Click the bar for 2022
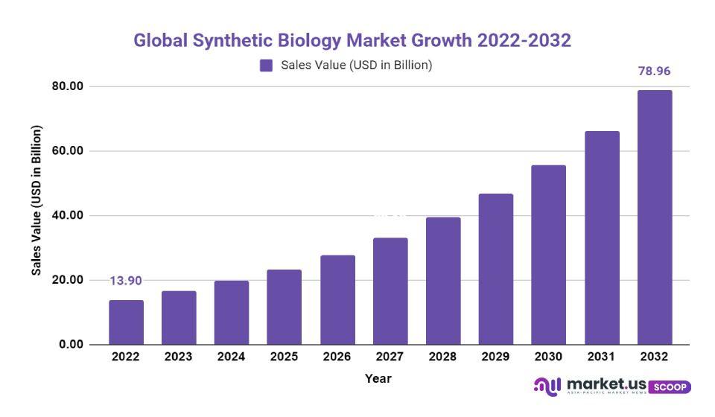coord(126,322)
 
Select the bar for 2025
coord(284,307)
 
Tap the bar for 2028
coord(442,281)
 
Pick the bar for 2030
coord(548,255)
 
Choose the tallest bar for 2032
coord(654,217)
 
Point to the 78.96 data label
coord(654,71)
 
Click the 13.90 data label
coord(126,281)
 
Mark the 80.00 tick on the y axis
coord(67,86)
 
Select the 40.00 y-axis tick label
coord(67,216)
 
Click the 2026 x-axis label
coord(337,357)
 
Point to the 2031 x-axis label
coord(601,357)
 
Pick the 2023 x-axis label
coord(179,357)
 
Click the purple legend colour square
coord(266,66)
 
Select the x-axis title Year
coord(378,378)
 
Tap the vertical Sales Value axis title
coord(36,200)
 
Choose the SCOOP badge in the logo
coord(670,387)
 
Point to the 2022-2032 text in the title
coord(524,40)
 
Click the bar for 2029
coord(495,269)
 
